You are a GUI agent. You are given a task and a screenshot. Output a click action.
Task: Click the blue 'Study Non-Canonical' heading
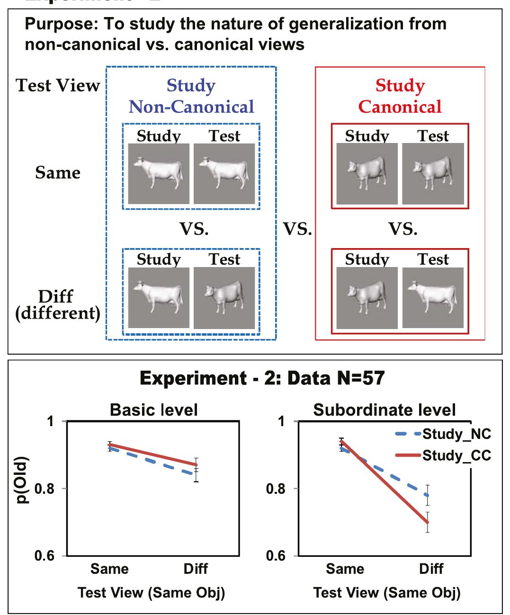191,96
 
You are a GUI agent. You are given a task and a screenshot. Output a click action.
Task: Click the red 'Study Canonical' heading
400,96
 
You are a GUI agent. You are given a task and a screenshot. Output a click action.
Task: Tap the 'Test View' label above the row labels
58,86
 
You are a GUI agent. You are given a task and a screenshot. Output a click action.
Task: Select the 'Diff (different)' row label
58,305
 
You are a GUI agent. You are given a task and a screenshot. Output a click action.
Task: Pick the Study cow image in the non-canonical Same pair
159,174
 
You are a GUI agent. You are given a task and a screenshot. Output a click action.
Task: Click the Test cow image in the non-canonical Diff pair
224,298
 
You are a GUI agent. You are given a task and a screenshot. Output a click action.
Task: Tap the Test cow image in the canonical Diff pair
433,298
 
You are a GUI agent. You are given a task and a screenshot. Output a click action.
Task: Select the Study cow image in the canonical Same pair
367,174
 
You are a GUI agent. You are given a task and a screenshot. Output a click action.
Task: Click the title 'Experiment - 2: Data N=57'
262,379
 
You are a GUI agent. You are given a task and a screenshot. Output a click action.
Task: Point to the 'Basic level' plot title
153,410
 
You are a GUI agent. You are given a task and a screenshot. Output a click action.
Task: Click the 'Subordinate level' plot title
385,410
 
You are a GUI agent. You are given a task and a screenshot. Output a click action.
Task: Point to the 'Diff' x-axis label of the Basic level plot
196,569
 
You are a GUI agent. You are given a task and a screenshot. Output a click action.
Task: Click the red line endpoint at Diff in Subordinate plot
428,522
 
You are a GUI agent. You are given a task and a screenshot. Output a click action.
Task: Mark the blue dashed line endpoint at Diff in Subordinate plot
428,495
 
